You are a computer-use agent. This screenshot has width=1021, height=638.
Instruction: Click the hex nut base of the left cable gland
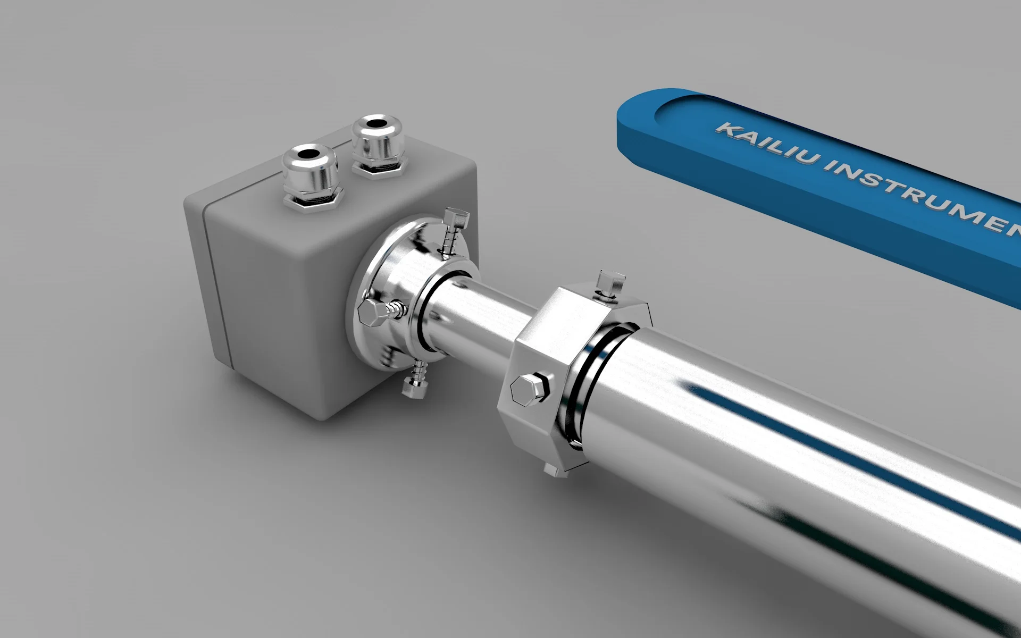click(313, 203)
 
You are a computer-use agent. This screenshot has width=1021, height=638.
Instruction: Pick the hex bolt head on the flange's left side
click(371, 313)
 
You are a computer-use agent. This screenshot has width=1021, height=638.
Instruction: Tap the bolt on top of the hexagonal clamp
click(610, 284)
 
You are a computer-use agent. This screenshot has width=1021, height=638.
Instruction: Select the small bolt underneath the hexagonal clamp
click(551, 471)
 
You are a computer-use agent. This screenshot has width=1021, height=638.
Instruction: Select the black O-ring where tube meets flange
click(425, 314)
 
